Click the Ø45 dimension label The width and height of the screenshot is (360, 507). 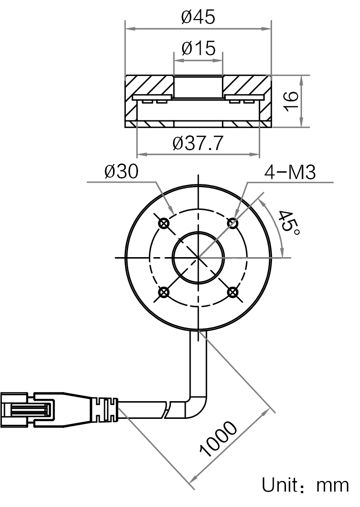[x=198, y=17]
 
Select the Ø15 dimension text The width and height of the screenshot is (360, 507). [x=198, y=48]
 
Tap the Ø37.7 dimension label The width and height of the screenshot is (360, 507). [x=198, y=143]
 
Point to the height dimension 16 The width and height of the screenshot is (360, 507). [x=291, y=101]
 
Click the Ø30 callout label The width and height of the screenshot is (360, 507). [x=121, y=171]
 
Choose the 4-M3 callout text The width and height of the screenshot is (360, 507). [x=290, y=172]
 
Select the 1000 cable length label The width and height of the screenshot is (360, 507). [x=218, y=439]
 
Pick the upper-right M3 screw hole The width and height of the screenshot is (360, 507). [x=232, y=223]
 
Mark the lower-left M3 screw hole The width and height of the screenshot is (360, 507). [x=164, y=292]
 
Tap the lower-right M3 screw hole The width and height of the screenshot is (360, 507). [x=232, y=292]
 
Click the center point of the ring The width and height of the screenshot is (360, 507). [x=198, y=258]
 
